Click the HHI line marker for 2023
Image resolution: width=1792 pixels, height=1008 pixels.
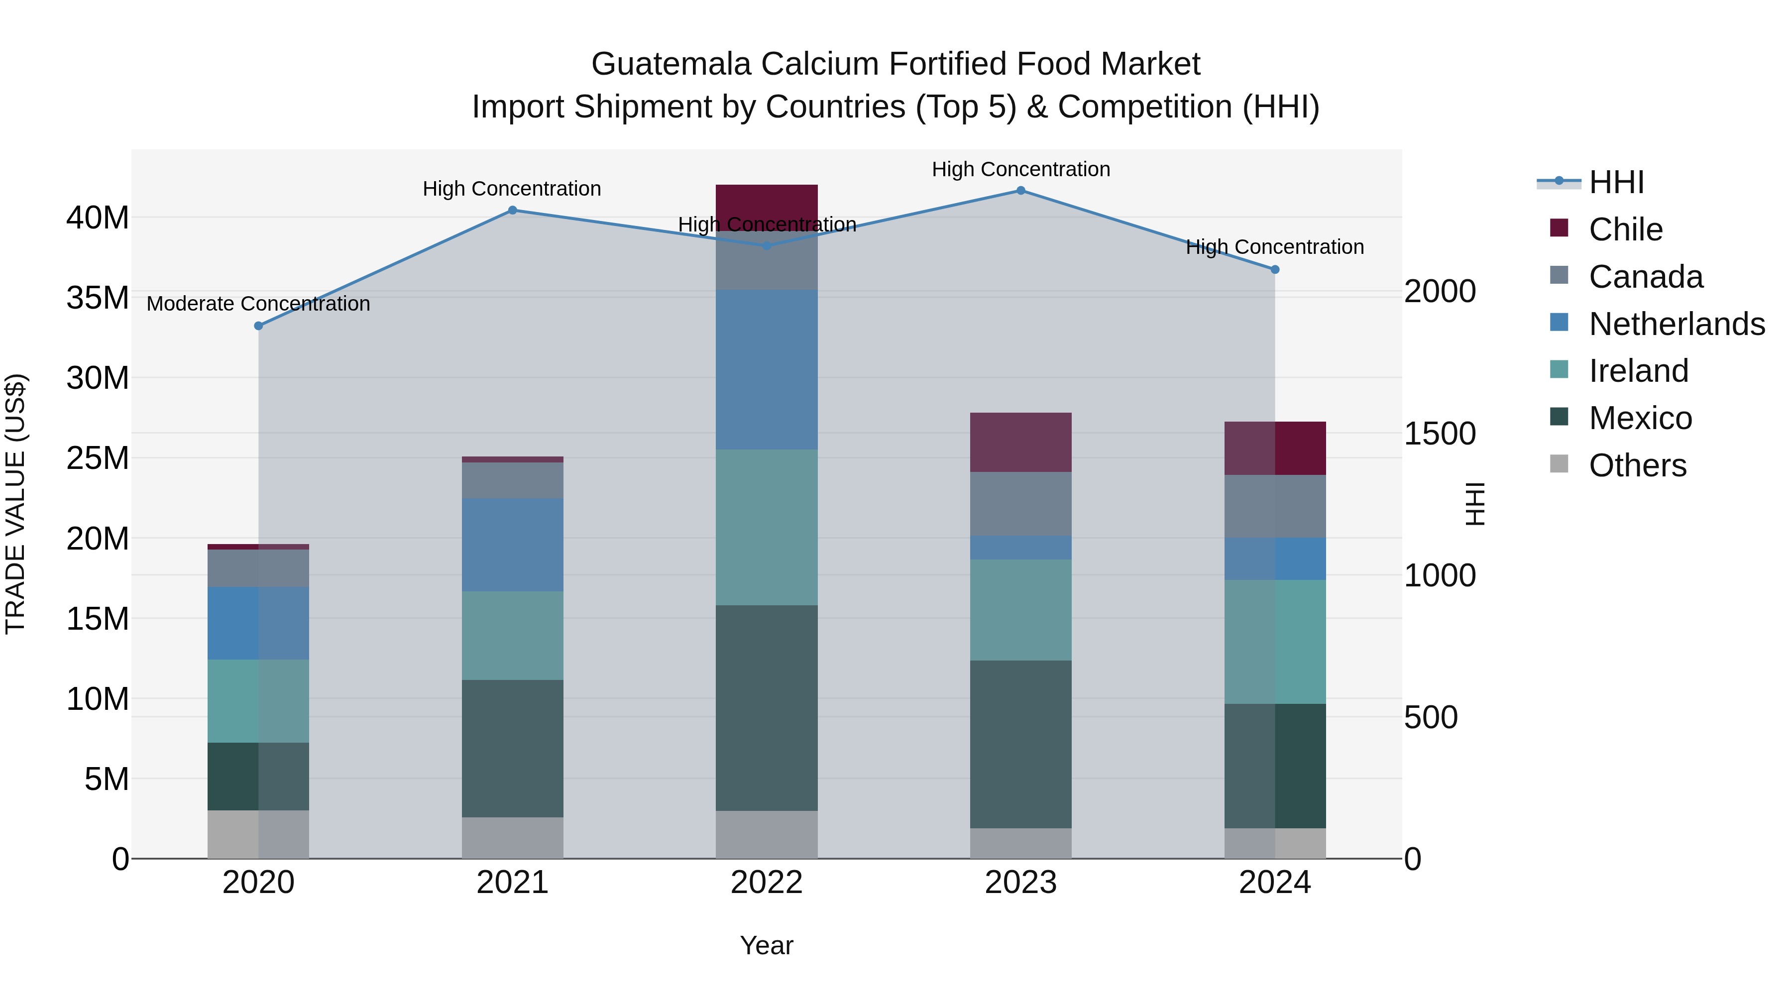1020,191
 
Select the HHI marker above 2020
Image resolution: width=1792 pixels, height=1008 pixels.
259,326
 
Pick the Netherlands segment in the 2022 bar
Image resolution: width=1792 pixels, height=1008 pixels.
767,369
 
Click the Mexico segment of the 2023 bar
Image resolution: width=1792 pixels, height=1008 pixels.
1020,744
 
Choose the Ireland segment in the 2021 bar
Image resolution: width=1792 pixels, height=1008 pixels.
513,635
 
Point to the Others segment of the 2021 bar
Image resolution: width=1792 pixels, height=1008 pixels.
513,838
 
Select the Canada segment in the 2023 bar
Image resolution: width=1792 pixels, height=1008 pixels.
1020,504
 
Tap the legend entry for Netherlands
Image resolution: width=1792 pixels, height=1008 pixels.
1677,324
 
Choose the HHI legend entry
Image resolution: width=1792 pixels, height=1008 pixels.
1616,182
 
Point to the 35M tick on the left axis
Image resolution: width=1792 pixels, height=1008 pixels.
98,298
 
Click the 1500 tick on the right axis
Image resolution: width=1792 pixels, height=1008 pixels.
1439,434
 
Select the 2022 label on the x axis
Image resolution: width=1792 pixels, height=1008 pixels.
767,883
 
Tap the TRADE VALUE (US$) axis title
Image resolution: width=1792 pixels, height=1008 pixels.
16,504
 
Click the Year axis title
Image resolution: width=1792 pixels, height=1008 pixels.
767,945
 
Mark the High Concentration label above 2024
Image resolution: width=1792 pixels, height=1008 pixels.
1274,247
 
